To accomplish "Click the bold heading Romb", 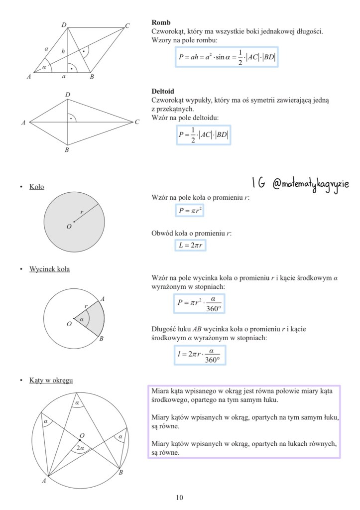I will tap(161, 23).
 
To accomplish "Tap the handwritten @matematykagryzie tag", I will tap(311, 184).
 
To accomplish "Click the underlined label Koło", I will tap(36, 187).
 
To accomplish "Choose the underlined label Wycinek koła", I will tap(49, 269).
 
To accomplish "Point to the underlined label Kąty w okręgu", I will tap(51, 381).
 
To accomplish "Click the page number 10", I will tap(179, 497).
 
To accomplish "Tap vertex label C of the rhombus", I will tap(127, 26).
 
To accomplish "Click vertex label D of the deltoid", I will tap(68, 95).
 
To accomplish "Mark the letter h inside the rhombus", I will tap(63, 51).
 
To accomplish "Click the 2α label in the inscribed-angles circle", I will tap(80, 448).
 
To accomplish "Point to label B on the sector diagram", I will tap(101, 339).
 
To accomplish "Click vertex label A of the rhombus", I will tap(29, 76).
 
